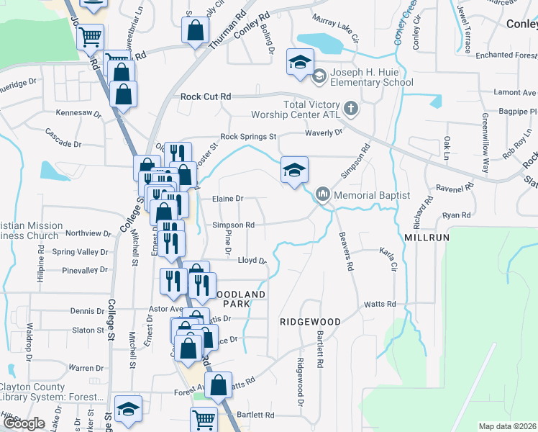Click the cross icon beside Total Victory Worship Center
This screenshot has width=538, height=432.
coord(350,109)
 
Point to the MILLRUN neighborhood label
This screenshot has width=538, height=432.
coord(427,237)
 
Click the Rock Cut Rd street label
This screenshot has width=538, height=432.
coord(206,96)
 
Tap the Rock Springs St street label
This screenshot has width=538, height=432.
coord(248,136)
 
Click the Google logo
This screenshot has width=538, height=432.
coord(23,424)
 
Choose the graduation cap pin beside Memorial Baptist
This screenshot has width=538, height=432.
coord(294,171)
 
